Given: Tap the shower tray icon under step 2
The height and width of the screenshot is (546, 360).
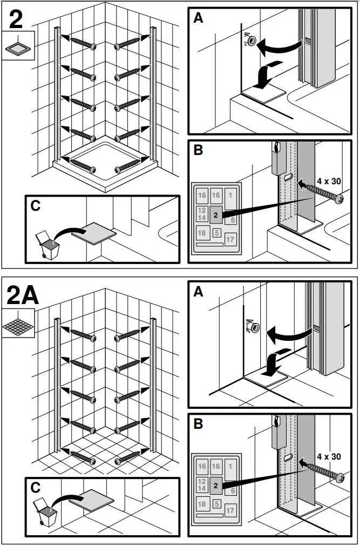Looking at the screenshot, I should [x=18, y=46].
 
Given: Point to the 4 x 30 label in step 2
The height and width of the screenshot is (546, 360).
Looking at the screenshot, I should [x=328, y=181].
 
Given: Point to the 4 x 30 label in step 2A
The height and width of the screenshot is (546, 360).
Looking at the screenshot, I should [x=328, y=456].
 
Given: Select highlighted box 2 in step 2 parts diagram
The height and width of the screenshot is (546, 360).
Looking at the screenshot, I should [x=215, y=215].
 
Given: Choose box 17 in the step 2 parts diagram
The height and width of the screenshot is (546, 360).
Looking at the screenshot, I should [x=230, y=239].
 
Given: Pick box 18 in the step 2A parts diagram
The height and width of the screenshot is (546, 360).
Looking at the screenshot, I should [x=202, y=504].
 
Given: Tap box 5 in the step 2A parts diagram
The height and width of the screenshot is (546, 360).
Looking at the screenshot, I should [x=216, y=504].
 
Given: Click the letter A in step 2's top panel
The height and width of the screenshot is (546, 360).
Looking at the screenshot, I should [x=199, y=18].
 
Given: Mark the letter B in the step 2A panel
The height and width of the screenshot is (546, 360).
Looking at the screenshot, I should [x=199, y=424].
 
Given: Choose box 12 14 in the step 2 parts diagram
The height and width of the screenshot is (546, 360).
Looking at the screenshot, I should [x=202, y=214].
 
